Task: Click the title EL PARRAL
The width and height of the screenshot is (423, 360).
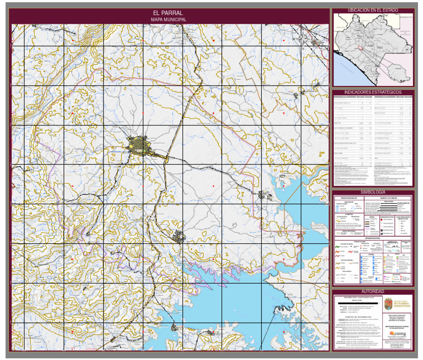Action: (x=169, y=13)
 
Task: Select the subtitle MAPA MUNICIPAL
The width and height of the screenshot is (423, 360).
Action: (x=169, y=19)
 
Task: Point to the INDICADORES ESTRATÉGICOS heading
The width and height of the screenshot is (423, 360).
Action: (x=372, y=92)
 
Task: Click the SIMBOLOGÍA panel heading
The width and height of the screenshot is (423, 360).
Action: (x=372, y=192)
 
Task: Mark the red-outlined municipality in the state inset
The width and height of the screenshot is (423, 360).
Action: (x=361, y=48)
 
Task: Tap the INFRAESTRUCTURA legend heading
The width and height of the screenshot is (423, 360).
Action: (x=372, y=238)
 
